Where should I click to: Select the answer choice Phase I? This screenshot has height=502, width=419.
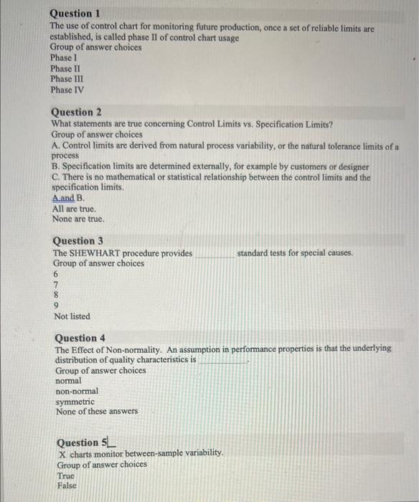[62, 57]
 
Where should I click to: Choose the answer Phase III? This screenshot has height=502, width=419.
[65, 79]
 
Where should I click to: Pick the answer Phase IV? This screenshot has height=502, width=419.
[65, 90]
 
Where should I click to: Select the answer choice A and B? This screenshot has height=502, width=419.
[69, 197]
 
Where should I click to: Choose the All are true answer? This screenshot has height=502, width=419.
[75, 208]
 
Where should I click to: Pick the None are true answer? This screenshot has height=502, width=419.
[78, 219]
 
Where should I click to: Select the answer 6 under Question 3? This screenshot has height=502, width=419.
[57, 275]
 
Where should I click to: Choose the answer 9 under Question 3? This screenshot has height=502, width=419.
[57, 305]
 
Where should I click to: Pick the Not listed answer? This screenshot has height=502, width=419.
[72, 316]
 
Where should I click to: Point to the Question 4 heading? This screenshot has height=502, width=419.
[80, 338]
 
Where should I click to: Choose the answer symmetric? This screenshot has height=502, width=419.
[75, 402]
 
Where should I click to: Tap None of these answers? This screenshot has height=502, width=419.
[97, 412]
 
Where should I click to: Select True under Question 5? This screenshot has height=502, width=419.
[66, 475]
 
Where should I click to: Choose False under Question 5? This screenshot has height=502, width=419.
[67, 486]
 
